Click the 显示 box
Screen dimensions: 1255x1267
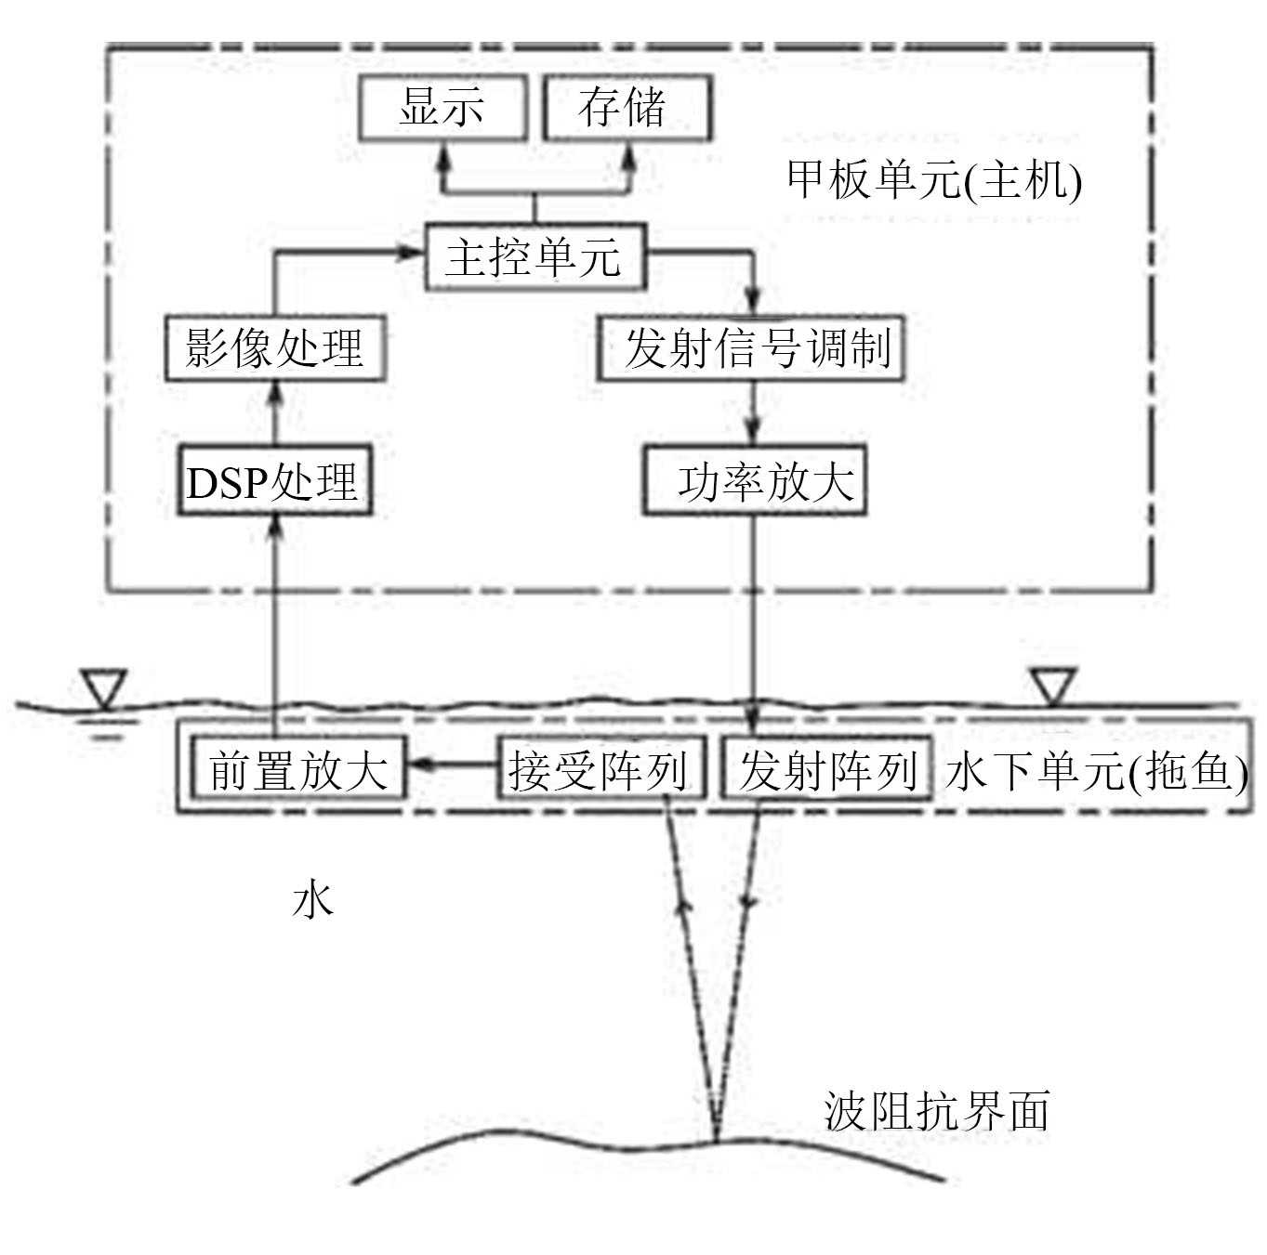click(442, 108)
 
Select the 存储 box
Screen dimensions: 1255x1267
click(627, 108)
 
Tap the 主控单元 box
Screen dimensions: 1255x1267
click(535, 256)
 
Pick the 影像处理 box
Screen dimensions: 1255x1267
click(275, 348)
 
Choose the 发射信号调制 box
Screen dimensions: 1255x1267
click(749, 348)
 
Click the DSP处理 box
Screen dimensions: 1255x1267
click(274, 481)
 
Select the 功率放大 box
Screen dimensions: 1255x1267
click(754, 481)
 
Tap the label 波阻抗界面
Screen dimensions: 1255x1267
click(937, 1111)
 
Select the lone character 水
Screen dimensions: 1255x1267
click(312, 899)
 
